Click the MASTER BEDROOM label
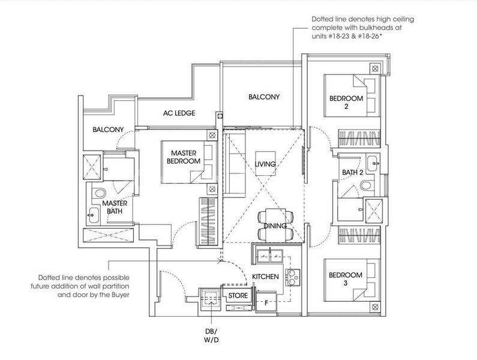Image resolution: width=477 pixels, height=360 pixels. click(184, 157)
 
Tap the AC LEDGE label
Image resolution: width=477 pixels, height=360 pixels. click(179, 113)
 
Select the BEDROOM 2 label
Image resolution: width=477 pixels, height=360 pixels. click(346, 102)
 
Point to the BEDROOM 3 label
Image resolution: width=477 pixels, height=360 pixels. click(345, 279)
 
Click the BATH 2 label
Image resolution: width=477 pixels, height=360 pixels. click(353, 172)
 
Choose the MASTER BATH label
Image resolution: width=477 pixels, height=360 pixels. click(115, 207)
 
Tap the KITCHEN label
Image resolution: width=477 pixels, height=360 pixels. click(265, 277)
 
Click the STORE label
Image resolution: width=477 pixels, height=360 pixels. click(238, 295)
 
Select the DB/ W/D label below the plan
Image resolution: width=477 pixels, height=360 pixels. click(211, 335)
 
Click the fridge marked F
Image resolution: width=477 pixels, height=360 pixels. click(266, 302)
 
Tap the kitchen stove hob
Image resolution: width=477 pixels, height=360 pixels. click(292, 277)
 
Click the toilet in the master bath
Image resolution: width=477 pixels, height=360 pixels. click(99, 193)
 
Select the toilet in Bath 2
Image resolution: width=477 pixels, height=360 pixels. click(366, 185)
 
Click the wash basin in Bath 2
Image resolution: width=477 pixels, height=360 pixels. click(372, 164)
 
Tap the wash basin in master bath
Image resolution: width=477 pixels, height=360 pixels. click(93, 216)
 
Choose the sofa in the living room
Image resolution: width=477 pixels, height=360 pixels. click(235, 163)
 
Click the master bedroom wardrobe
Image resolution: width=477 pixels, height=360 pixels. click(208, 221)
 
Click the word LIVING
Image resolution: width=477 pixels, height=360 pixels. click(265, 164)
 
